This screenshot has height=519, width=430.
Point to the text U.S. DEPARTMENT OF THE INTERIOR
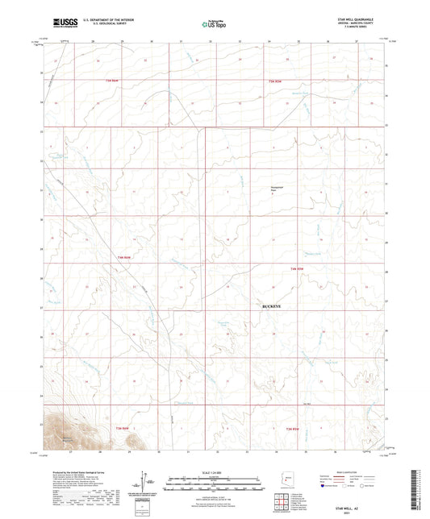109,20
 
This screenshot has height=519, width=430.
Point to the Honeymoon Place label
277,189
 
